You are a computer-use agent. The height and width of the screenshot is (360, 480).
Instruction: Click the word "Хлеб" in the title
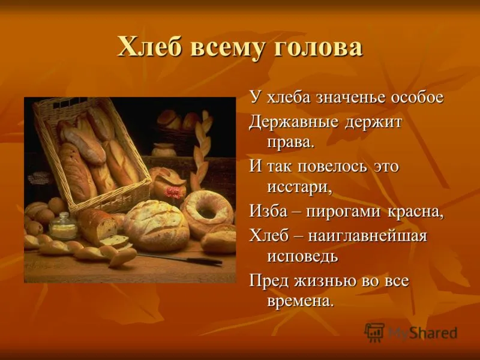tap(151, 47)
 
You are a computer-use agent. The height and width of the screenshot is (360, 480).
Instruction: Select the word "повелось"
tap(332, 167)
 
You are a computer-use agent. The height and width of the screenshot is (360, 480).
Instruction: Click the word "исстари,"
tap(299, 187)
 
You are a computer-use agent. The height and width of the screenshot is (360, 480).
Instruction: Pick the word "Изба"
tap(268, 211)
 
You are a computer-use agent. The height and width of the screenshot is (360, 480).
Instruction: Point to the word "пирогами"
tap(344, 212)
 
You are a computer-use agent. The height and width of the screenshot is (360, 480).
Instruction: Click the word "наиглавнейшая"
tap(368, 236)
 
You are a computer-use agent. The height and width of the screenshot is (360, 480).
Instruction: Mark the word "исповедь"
tap(302, 257)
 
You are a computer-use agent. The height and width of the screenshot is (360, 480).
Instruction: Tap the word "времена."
tap(300, 301)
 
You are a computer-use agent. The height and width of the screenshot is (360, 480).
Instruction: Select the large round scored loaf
tap(157, 225)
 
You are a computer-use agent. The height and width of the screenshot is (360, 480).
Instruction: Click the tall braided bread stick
tap(200, 151)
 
